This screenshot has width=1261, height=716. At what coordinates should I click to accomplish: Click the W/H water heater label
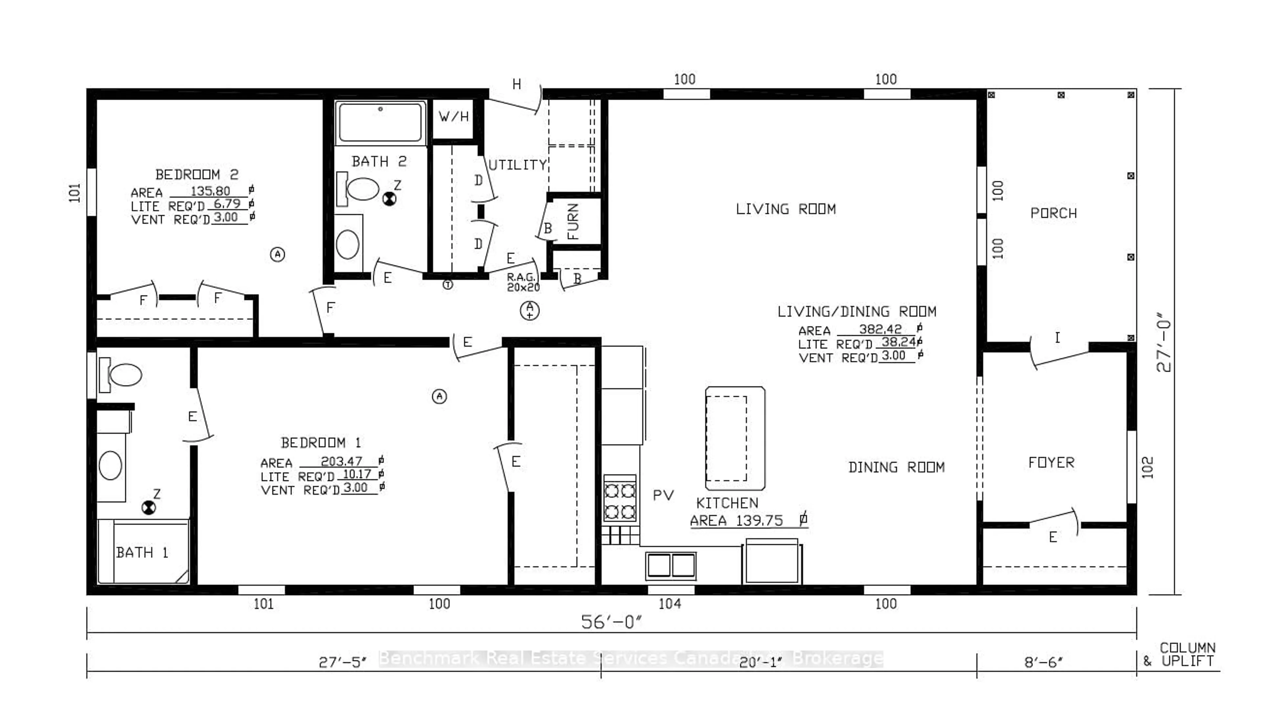click(453, 117)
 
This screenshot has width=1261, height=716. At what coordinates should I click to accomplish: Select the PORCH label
click(1053, 213)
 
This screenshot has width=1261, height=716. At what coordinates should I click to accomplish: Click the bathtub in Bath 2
click(380, 122)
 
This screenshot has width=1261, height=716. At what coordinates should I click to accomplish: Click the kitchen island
click(735, 438)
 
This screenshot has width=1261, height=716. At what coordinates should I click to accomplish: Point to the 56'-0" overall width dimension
click(611, 622)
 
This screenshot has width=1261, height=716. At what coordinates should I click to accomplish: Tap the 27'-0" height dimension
click(1164, 342)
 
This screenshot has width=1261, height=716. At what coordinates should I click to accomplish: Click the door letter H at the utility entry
click(516, 85)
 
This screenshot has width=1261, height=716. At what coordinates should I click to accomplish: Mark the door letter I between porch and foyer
click(1057, 338)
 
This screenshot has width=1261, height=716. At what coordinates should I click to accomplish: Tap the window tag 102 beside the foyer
click(1147, 467)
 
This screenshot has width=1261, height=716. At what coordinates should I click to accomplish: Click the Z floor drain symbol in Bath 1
click(148, 507)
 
